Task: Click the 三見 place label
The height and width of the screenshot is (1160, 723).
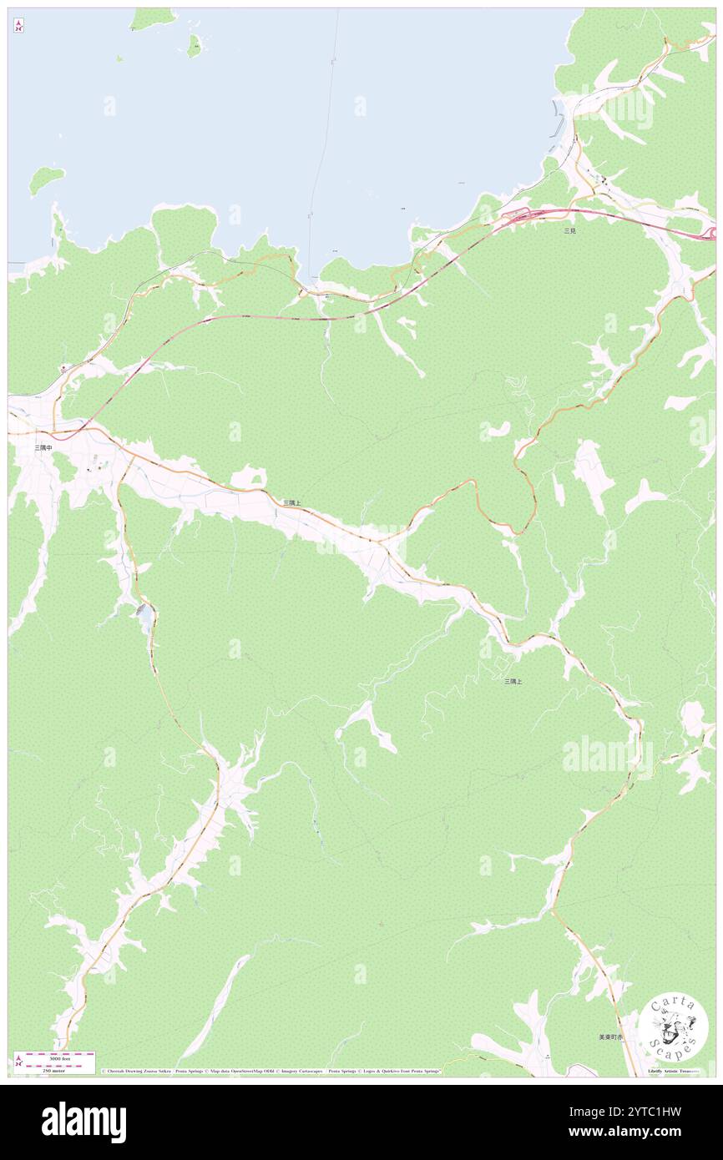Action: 569,229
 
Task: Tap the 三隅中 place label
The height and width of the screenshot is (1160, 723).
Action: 43,448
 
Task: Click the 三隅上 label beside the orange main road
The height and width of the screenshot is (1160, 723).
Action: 291,502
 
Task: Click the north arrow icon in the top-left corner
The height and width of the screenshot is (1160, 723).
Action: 18,27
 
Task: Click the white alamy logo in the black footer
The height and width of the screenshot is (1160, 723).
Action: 83,1122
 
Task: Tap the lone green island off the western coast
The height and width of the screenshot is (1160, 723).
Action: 46,179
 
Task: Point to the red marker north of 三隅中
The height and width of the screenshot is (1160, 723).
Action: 63,368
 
